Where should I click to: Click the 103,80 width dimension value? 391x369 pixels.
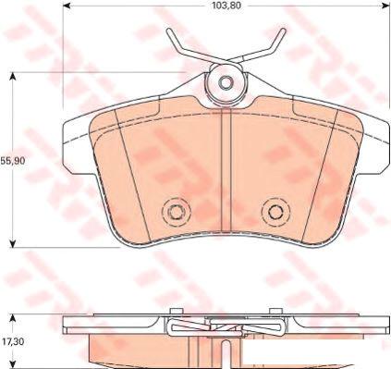(x=226, y=6)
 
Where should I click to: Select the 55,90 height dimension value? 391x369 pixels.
(x=13, y=161)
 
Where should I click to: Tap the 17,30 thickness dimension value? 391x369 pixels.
(x=12, y=341)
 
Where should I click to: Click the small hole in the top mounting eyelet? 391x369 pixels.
(x=226, y=82)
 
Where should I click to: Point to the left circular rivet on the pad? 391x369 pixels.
(x=177, y=212)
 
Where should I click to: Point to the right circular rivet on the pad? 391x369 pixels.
(x=275, y=212)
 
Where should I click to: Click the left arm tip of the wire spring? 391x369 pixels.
(x=169, y=31)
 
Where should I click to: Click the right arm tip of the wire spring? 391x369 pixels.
(x=283, y=31)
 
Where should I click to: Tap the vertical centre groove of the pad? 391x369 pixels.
(x=226, y=170)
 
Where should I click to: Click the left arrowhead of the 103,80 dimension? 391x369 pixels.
(x=67, y=6)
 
